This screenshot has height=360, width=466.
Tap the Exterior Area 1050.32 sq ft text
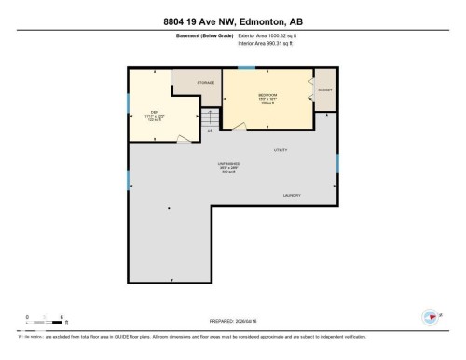[271, 36]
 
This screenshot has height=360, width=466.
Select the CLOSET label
[324, 90]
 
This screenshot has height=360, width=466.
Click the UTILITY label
[281, 149]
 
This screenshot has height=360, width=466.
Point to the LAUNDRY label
[292, 195]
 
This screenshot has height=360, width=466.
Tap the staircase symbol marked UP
[212, 119]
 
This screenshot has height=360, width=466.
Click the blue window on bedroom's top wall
[246, 68]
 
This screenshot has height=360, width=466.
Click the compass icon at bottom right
[430, 315]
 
